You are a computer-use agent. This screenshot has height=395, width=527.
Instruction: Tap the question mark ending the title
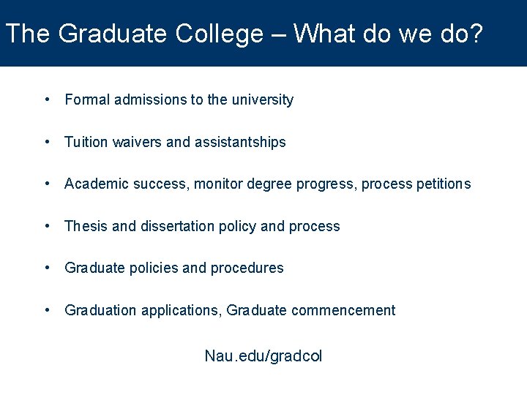tap(476, 34)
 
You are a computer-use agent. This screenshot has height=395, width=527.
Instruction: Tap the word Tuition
tap(86, 143)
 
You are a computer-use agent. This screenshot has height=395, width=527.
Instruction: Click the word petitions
tap(444, 184)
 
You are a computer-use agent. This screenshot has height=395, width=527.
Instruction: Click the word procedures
tap(247, 268)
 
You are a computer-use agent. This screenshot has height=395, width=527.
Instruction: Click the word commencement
tap(343, 311)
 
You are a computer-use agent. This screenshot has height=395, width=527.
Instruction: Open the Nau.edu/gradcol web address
tap(263, 357)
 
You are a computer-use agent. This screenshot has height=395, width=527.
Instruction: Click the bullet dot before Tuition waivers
tap(47, 142)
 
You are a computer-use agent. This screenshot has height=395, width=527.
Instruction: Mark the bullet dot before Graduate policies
tap(47, 268)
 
